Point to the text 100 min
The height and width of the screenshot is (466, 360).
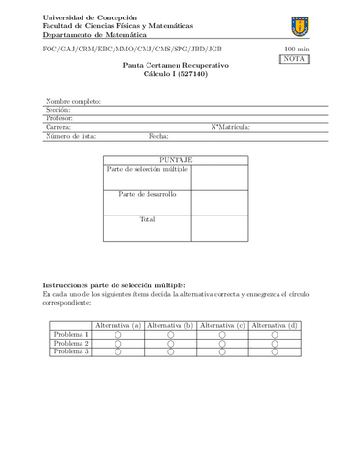294,49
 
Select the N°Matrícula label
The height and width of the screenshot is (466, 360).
230,127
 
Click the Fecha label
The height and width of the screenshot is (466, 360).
159,136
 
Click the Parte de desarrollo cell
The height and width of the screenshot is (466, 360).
147,195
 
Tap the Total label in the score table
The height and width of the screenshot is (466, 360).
147,220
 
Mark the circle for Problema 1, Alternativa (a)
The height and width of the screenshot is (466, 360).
118,335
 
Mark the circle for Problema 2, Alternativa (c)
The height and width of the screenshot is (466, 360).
221,344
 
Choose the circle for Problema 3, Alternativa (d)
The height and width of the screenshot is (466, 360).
274,352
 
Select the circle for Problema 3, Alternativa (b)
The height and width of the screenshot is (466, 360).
170,352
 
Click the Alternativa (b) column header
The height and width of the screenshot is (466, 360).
170,325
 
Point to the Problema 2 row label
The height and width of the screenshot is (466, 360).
72,344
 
